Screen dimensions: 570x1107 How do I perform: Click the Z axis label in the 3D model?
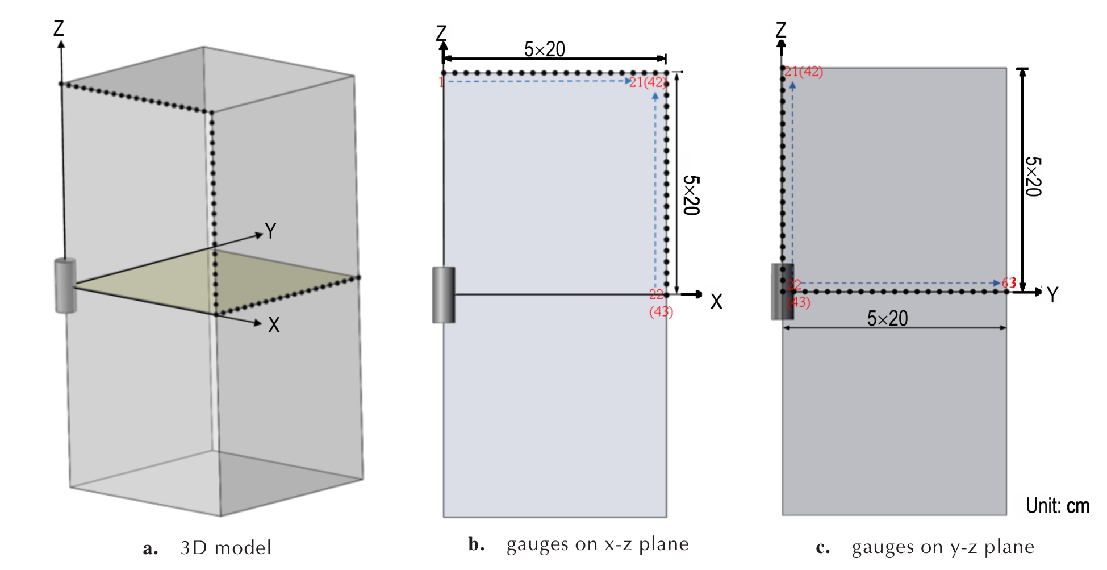coord(59,28)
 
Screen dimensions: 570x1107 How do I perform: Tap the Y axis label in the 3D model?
coord(270,231)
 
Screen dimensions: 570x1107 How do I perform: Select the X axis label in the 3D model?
coord(274,325)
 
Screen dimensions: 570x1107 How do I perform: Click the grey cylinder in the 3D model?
coord(65,285)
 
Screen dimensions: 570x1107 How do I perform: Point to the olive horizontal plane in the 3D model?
coord(216,281)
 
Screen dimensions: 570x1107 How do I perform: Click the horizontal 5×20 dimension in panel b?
coord(544,50)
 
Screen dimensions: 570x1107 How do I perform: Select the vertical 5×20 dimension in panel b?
coord(691,195)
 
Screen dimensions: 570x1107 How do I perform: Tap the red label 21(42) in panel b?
coord(647,82)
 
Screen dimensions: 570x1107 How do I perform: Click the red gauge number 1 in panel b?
coord(441,82)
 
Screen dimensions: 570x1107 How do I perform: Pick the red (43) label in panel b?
coord(661,311)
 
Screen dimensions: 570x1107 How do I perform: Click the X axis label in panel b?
coord(716,302)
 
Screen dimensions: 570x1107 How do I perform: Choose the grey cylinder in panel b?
coord(444,295)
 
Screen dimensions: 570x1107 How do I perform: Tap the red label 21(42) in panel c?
coord(804,72)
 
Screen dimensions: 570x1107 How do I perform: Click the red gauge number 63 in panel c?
coord(1009,282)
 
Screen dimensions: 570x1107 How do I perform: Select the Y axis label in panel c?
coord(1052,294)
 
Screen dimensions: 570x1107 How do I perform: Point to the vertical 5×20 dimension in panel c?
coord(1034,177)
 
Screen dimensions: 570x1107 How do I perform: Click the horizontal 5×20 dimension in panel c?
coord(887,319)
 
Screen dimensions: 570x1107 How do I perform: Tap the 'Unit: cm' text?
coord(1057,506)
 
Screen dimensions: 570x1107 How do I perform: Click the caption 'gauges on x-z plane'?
coord(598,544)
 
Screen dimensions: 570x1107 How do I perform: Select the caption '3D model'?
coord(226,548)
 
